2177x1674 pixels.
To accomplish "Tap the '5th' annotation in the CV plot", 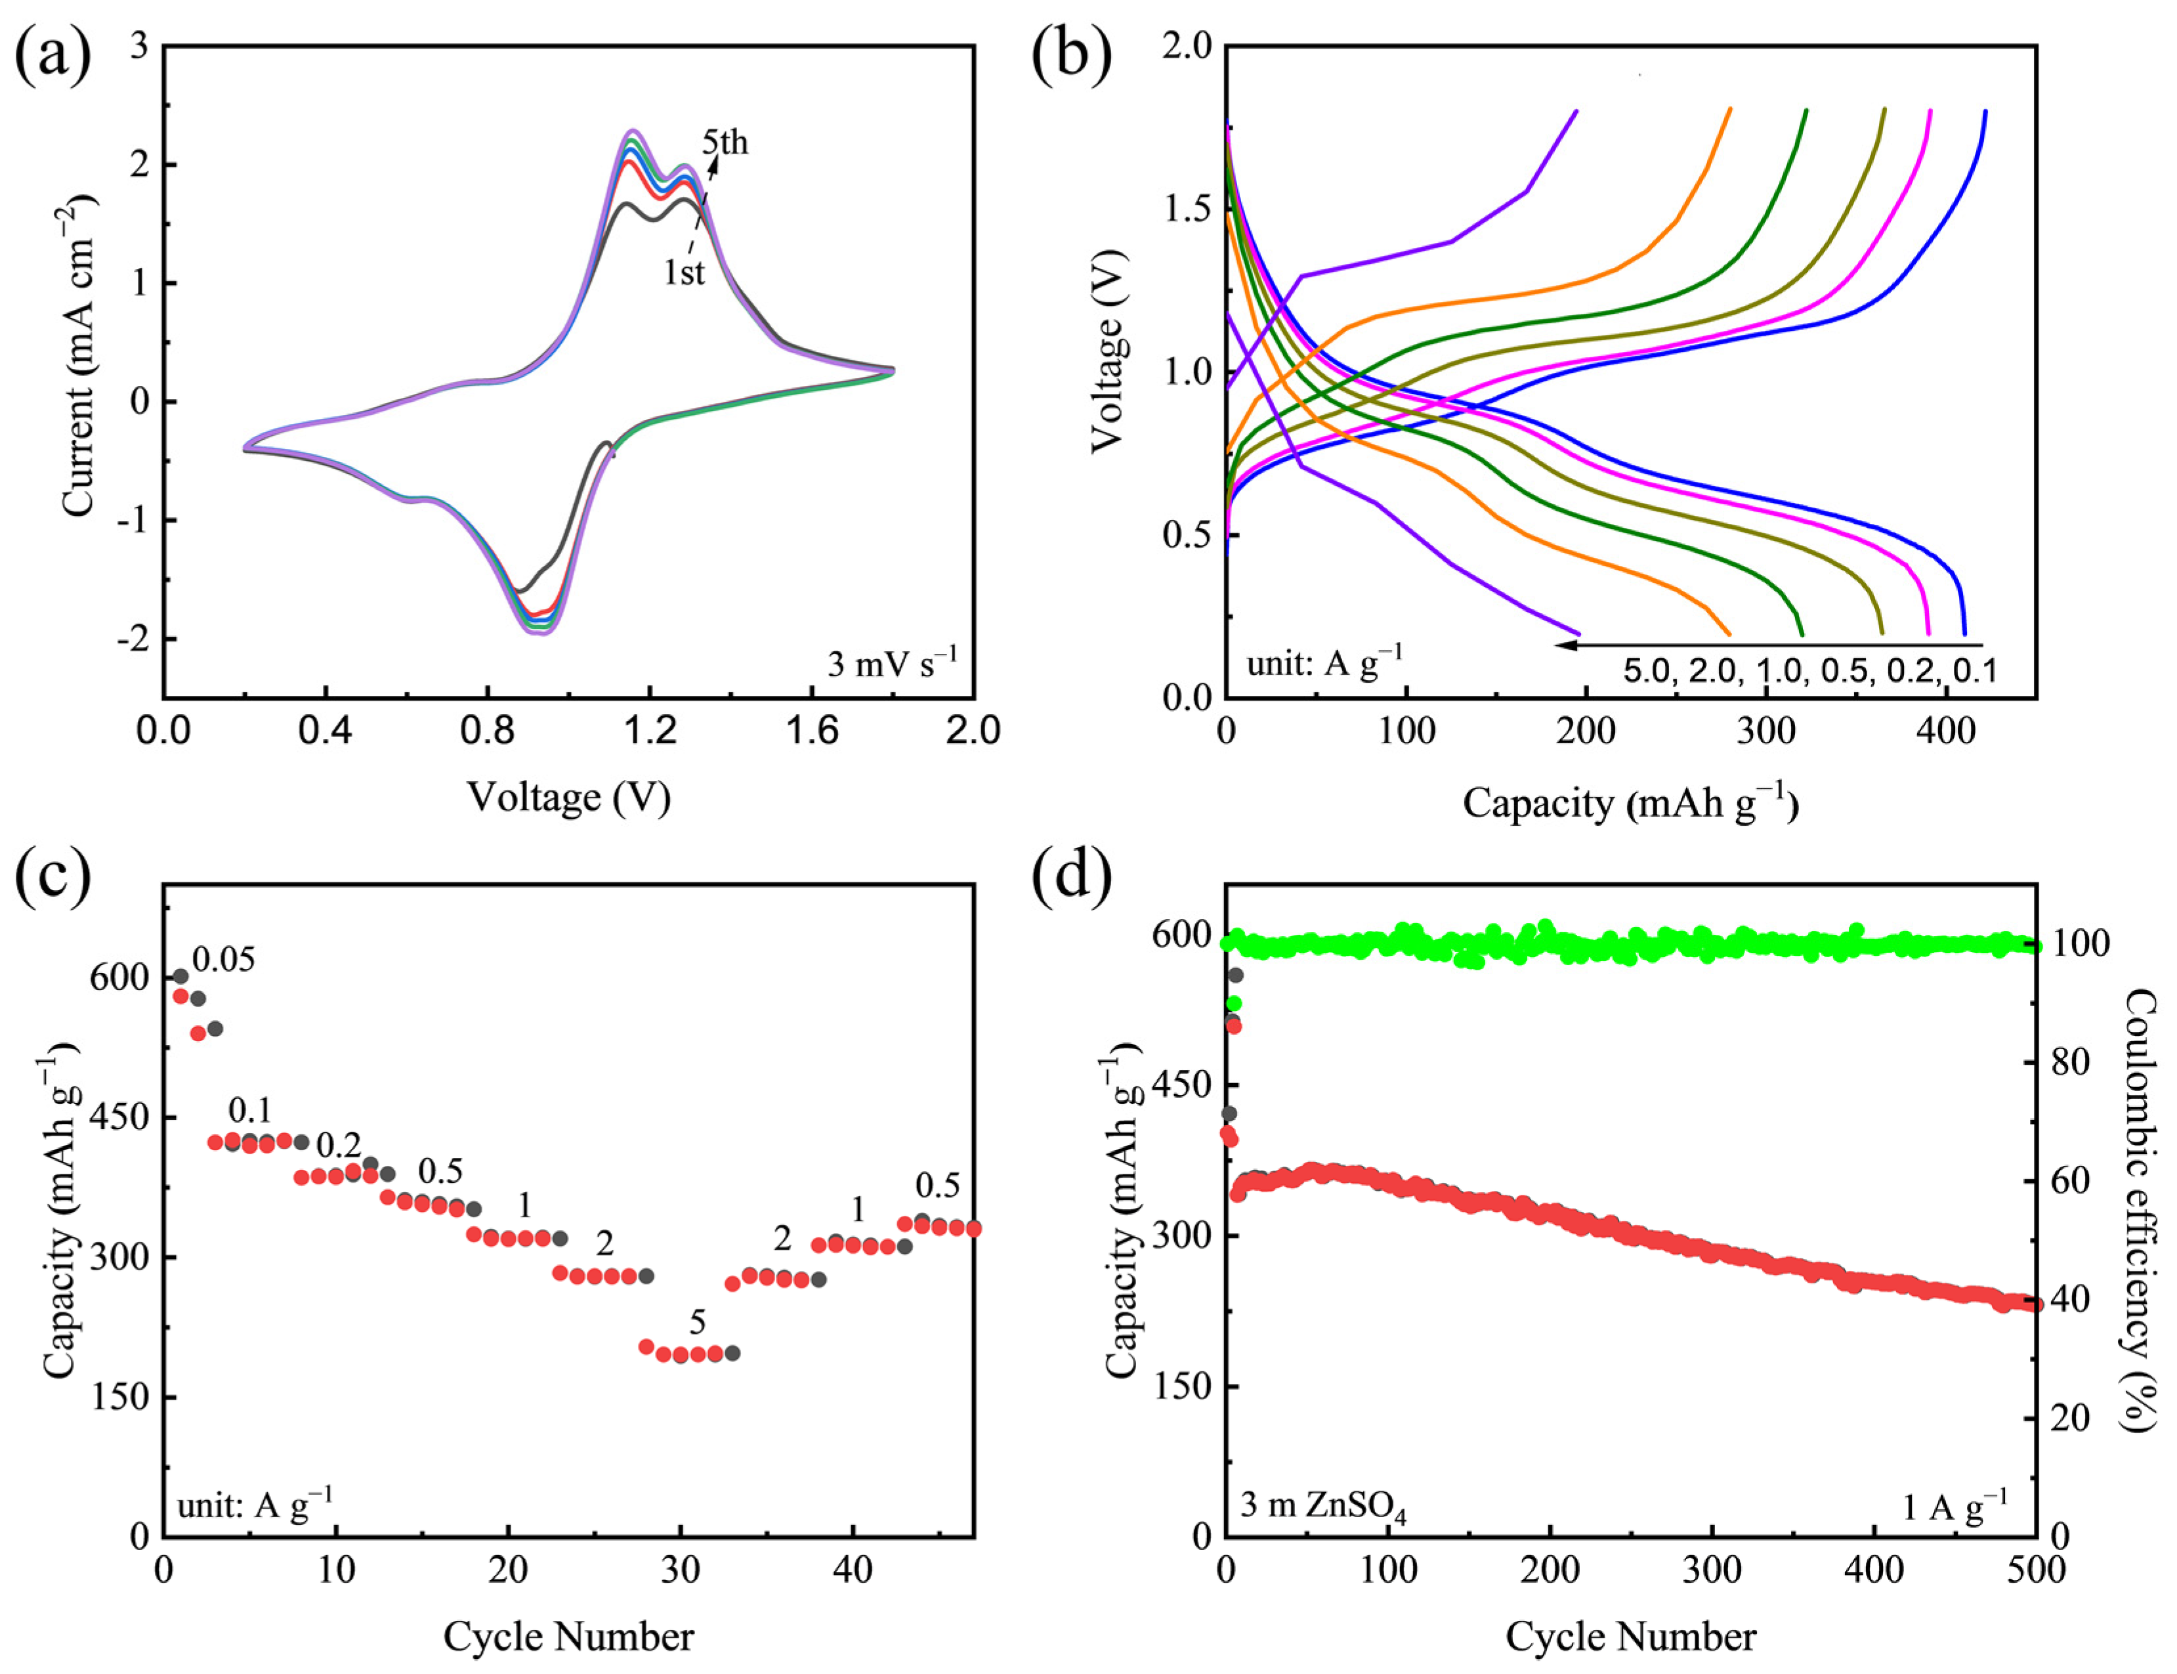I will point(725,142).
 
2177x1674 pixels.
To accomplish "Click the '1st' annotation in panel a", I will point(685,272).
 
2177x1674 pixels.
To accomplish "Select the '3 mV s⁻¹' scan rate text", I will point(892,662).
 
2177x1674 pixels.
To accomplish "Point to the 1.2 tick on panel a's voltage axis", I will point(648,731).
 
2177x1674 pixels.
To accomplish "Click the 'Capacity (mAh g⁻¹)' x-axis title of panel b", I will point(1630,803).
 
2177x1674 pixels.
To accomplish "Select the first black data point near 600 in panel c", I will point(180,977).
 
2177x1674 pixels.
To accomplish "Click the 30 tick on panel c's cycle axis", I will point(681,1570).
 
